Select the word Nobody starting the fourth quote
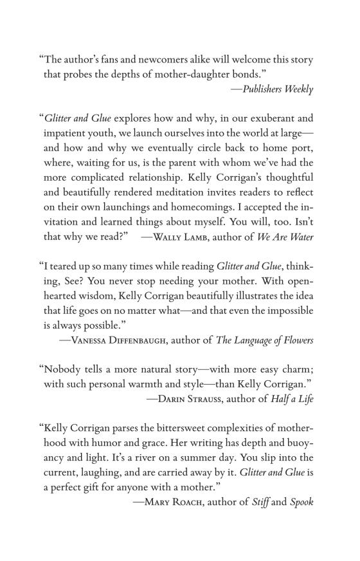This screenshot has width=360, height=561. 62,370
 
